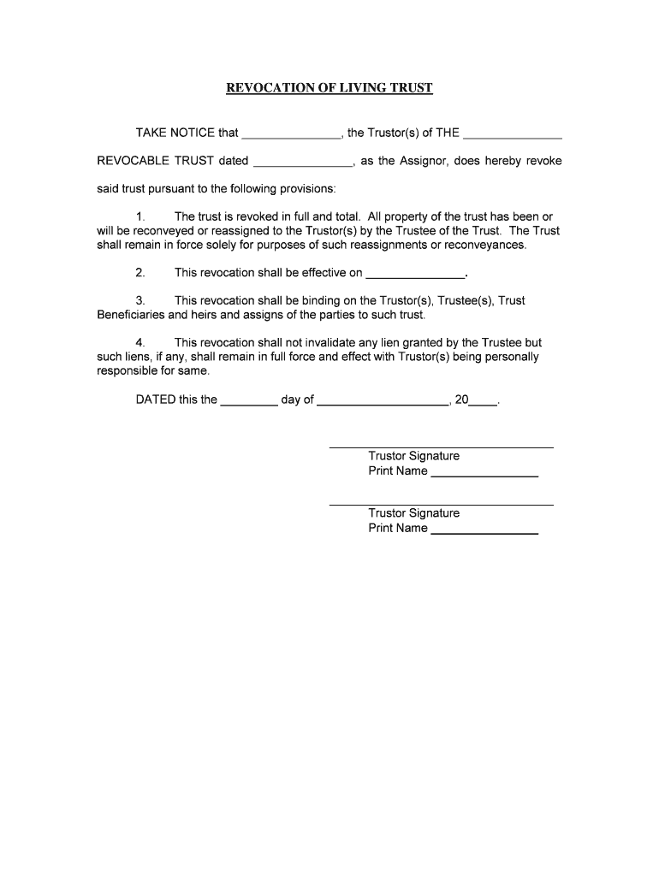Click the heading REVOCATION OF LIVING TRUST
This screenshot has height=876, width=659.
[x=329, y=88]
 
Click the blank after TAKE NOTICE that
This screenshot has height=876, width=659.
[x=292, y=134]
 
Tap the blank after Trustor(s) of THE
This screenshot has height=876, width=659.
[x=512, y=134]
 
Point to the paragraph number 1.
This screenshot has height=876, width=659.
[x=140, y=217]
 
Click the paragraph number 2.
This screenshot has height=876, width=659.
[x=140, y=273]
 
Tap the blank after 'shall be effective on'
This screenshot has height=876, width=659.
[x=415, y=275]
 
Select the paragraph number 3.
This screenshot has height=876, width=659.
[x=140, y=300]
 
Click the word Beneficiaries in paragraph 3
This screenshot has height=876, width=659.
[x=131, y=314]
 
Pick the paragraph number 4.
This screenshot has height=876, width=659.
[x=140, y=343]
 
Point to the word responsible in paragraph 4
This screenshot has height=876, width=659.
[x=130, y=371]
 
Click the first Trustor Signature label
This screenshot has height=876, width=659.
[x=413, y=456]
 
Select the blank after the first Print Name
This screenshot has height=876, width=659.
[x=484, y=472]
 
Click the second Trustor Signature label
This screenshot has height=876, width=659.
[x=413, y=513]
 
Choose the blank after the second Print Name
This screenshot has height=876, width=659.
[x=484, y=530]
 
